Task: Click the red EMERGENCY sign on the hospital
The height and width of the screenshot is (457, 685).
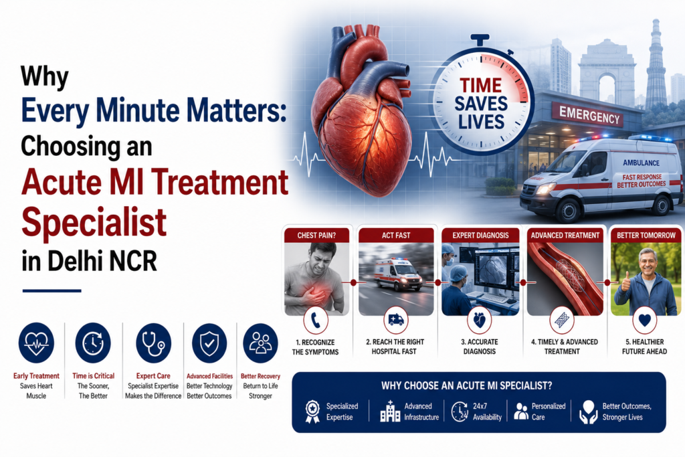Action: tap(590, 115)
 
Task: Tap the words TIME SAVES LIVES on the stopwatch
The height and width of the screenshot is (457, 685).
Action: tap(481, 104)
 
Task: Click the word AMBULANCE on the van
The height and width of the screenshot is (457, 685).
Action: tap(641, 163)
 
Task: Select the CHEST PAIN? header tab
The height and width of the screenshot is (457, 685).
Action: tap(316, 235)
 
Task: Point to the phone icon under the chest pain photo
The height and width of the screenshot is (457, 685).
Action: tap(316, 321)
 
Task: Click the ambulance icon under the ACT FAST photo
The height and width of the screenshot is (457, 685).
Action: tap(396, 321)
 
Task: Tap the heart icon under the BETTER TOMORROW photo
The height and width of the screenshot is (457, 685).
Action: tap(645, 321)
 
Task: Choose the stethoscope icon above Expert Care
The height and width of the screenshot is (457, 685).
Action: tap(153, 343)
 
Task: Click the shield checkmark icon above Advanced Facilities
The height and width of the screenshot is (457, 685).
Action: tap(209, 343)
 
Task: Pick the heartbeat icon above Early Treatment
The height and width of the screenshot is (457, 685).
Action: tap(36, 343)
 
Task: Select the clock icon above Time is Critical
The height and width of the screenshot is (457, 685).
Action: tap(93, 343)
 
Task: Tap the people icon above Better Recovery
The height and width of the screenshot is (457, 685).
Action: tap(260, 343)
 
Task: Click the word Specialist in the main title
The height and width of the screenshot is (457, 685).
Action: tap(94, 221)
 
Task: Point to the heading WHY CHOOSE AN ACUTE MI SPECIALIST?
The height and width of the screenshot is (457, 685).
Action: tap(466, 386)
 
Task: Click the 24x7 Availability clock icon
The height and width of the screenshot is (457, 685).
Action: tap(460, 412)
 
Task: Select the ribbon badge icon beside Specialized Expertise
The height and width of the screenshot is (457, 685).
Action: tap(312, 412)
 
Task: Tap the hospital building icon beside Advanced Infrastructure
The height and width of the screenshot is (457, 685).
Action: tap(390, 411)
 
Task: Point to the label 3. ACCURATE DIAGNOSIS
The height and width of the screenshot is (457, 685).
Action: tap(480, 347)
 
